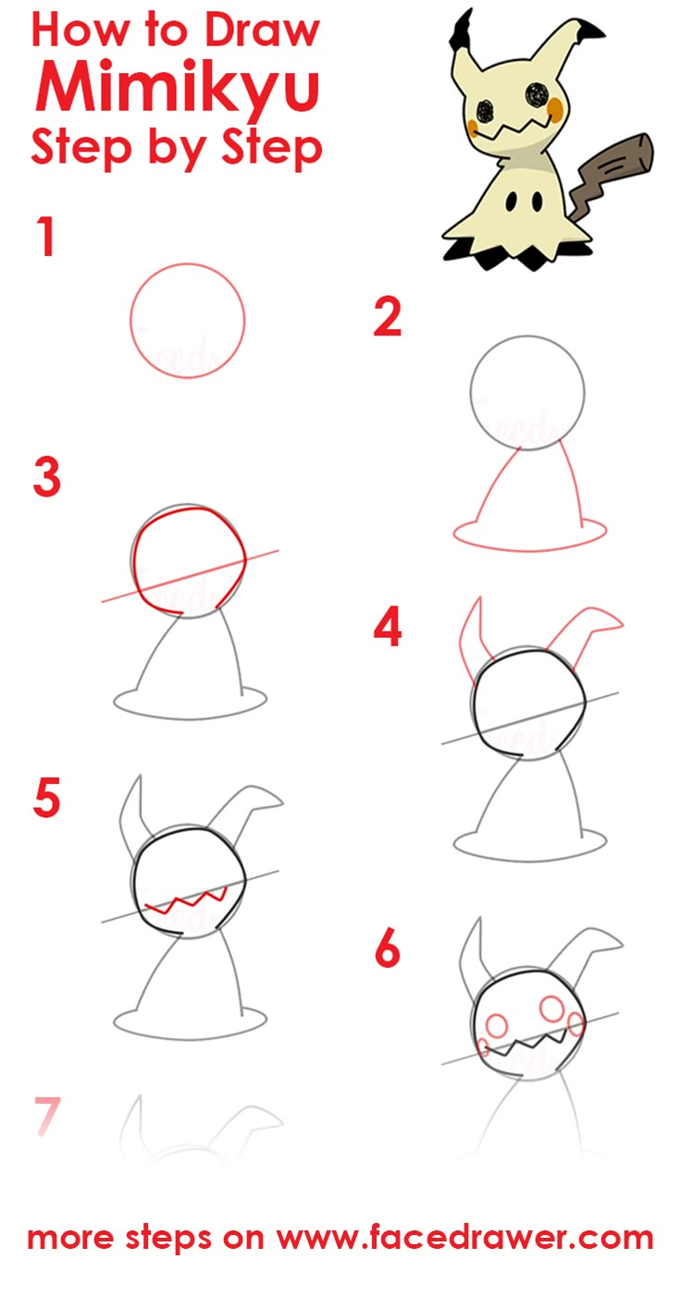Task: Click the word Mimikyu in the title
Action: click(177, 89)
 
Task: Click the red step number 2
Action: click(388, 317)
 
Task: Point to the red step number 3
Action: click(47, 477)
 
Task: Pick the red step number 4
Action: click(388, 627)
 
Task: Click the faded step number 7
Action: click(47, 1116)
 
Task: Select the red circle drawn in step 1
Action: click(130, 321)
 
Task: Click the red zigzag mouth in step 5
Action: click(186, 902)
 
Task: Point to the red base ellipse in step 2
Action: click(530, 550)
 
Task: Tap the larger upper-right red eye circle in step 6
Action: click(552, 1008)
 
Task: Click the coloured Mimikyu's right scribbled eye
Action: click(537, 93)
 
